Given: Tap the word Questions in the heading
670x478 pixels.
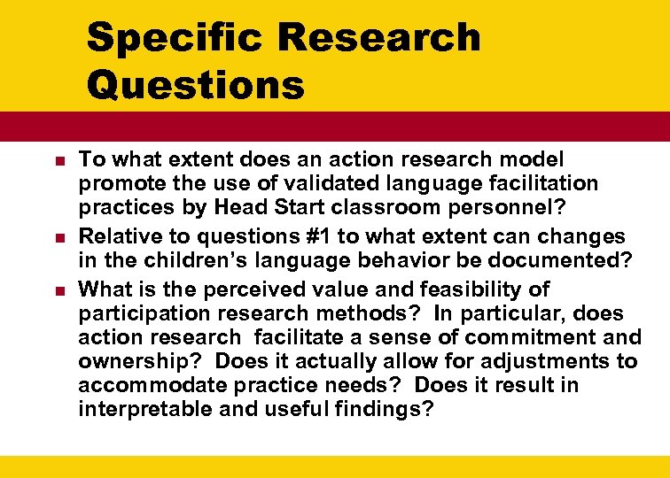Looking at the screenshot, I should pos(195,85).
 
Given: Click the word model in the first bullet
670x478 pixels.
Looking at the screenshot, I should pos(535,158).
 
